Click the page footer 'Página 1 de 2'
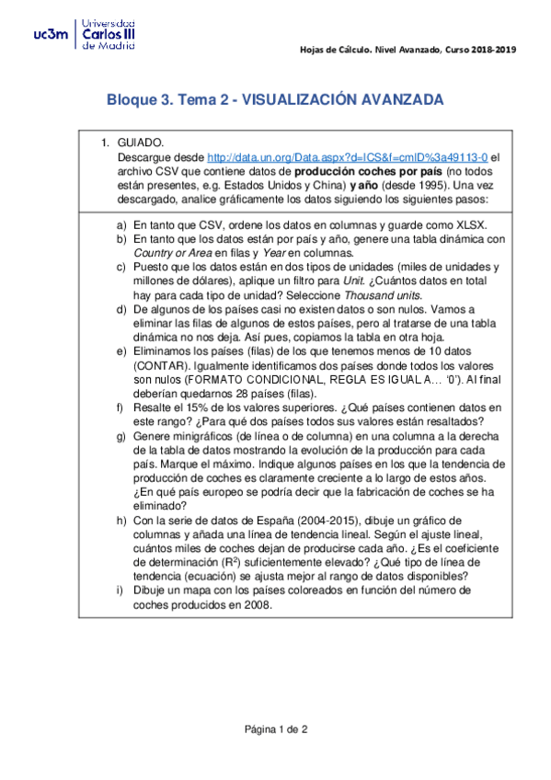(275, 729)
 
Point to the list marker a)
(121, 224)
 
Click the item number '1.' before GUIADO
(105, 143)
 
